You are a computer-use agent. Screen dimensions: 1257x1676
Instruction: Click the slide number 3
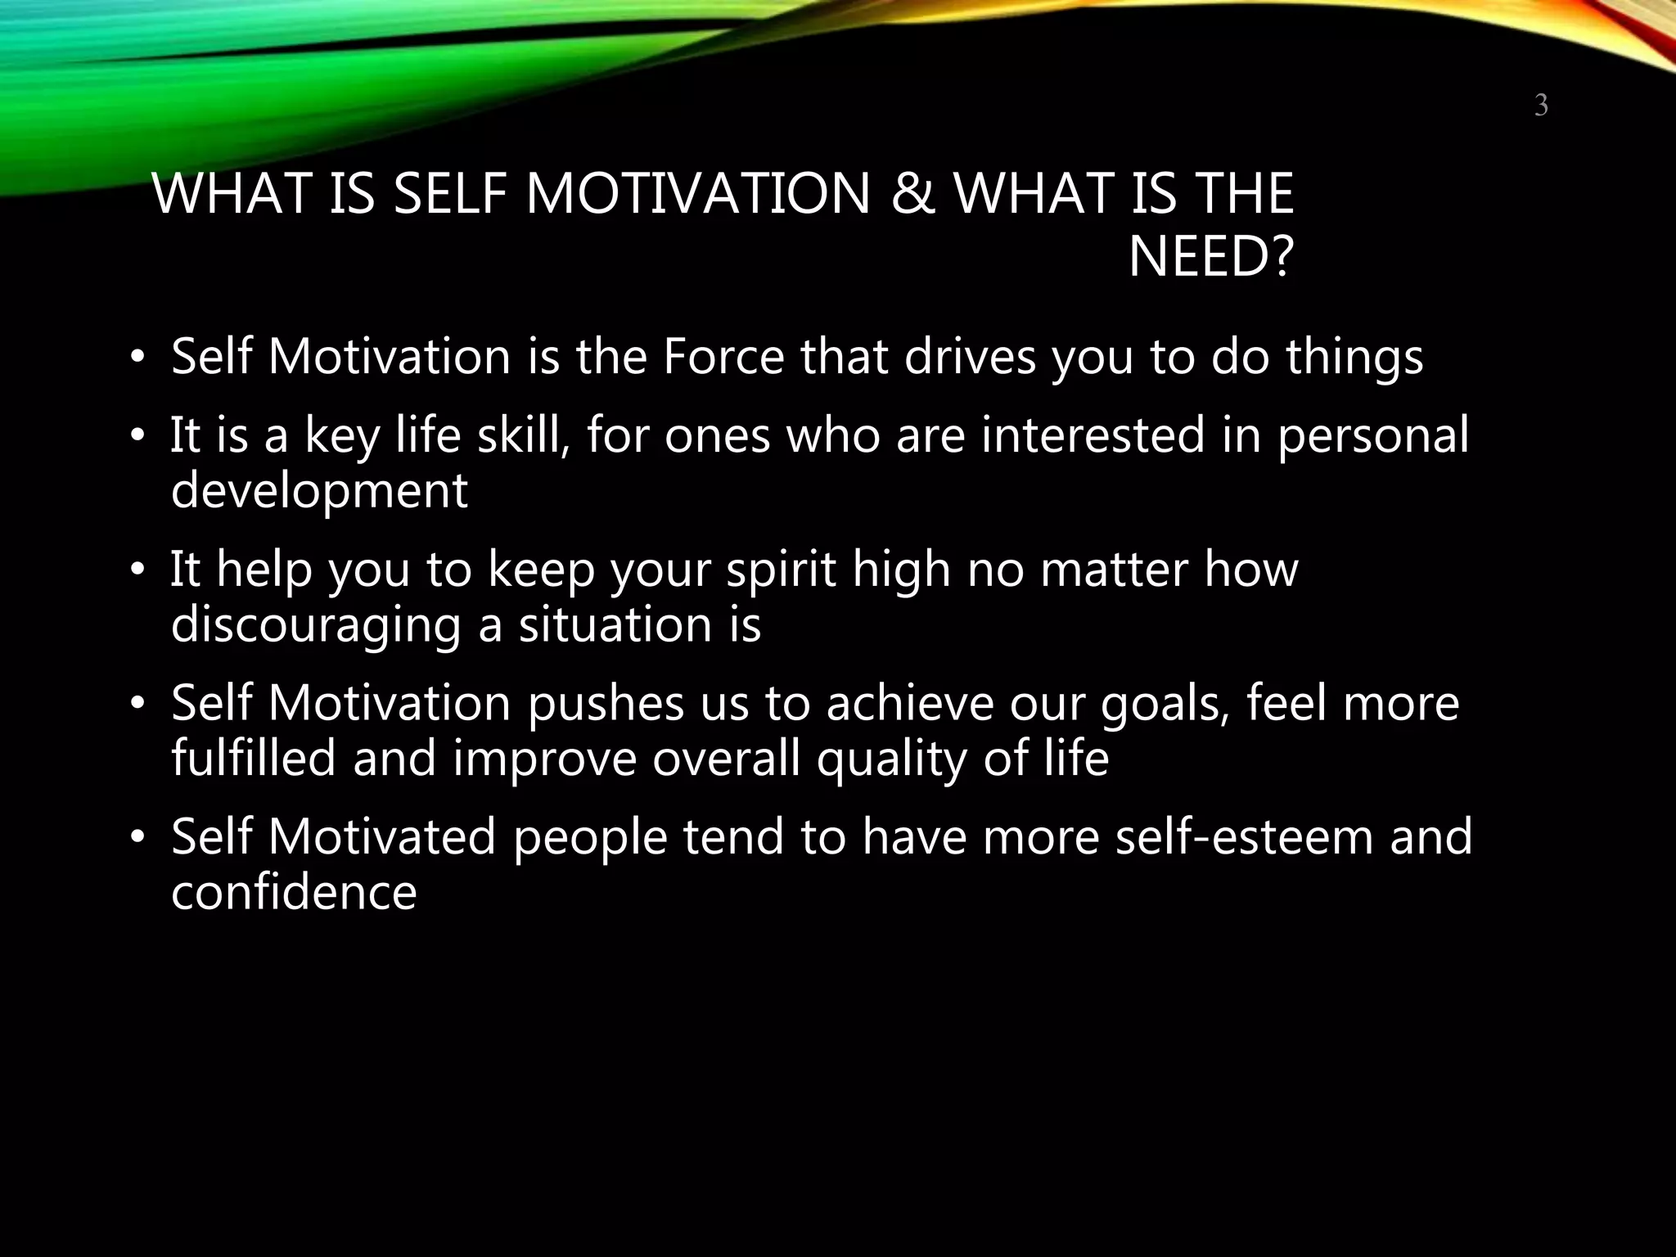pos(1540,106)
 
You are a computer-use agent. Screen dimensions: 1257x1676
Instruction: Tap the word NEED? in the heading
pos(1210,257)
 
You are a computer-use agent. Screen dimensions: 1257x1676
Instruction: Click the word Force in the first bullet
pos(723,357)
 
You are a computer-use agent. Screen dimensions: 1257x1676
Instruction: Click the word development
pos(319,490)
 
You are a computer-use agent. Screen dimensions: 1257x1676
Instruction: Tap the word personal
pos(1372,435)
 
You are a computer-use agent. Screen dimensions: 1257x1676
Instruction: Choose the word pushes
pos(606,703)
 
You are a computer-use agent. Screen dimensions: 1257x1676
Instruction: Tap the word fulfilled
pos(254,759)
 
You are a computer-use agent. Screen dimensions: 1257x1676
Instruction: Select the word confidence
pos(294,892)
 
